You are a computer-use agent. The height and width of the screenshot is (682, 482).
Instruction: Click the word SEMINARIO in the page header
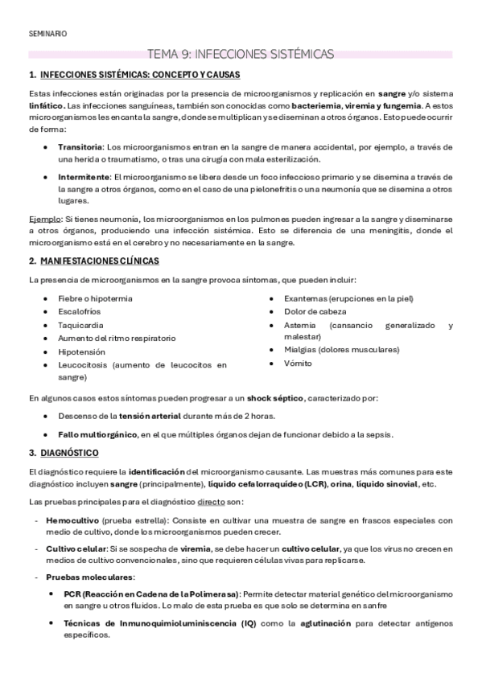[47, 34]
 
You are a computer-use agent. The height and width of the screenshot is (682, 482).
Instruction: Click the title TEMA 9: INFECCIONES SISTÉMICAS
[241, 55]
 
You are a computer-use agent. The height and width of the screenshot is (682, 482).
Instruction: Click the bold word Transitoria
[80, 147]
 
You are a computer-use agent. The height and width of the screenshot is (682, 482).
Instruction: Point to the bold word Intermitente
[84, 177]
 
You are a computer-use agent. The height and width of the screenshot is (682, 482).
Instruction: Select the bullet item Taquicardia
[79, 327]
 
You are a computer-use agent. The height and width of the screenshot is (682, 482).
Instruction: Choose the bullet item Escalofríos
[79, 312]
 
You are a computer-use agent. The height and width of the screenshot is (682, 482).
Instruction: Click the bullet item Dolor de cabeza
[315, 312]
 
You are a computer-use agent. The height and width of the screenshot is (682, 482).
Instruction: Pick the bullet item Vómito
[298, 363]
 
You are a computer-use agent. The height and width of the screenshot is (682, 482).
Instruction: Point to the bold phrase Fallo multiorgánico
[97, 435]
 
